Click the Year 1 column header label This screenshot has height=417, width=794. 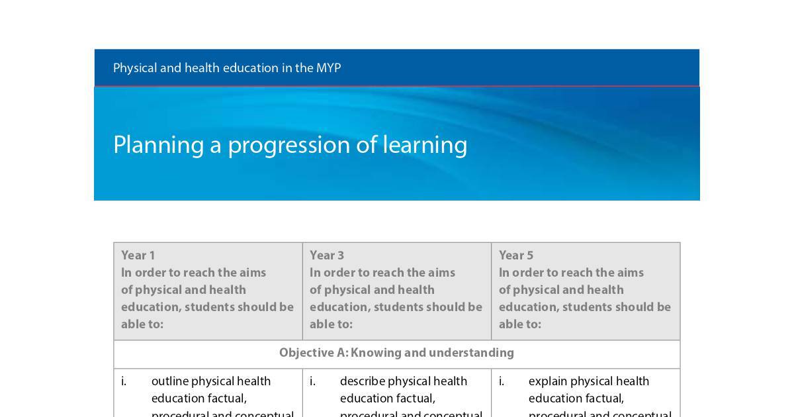(x=138, y=255)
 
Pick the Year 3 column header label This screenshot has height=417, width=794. (x=327, y=255)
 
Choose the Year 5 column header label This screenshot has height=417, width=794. (x=516, y=255)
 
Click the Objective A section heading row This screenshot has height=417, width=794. (x=396, y=353)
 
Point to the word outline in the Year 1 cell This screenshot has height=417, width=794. (x=170, y=381)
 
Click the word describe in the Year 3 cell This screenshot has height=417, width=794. (x=362, y=381)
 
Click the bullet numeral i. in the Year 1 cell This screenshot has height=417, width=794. (x=124, y=381)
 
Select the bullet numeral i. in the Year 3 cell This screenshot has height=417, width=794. (x=312, y=381)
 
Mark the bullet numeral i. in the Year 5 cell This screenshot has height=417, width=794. (x=502, y=381)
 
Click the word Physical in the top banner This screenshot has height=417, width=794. (x=134, y=68)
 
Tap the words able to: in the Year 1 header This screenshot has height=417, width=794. (x=142, y=324)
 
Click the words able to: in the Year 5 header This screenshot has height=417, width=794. (x=519, y=324)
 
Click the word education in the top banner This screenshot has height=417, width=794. (x=250, y=68)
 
